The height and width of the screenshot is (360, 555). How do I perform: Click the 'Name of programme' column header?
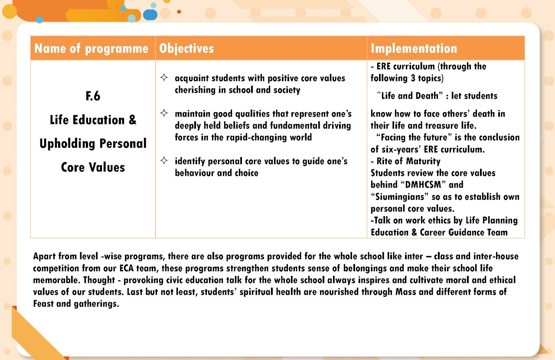91,49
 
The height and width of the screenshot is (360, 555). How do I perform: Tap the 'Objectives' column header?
186,49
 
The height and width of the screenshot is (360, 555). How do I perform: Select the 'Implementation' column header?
414,49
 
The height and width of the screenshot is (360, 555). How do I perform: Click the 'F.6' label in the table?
93,96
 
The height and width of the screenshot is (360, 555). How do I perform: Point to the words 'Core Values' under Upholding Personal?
93,167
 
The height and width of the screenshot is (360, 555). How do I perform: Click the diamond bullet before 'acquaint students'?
164,78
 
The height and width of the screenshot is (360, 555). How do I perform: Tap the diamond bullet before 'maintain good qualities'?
164,114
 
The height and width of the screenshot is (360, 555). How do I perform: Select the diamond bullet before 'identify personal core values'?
164,161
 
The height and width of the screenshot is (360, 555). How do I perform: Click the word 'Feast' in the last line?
44,304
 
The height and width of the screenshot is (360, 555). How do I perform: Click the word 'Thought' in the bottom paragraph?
101,280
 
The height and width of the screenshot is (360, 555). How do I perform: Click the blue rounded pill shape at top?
150,15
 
